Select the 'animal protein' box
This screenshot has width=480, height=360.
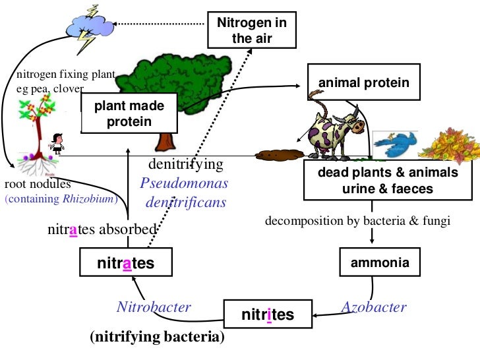364,83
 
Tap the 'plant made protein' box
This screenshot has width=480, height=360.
129,113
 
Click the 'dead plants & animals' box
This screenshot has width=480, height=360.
388,180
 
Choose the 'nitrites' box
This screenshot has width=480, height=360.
267,315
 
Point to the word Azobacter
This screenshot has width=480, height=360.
374,307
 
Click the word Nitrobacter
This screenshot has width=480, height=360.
154,307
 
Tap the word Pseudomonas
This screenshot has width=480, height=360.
184,183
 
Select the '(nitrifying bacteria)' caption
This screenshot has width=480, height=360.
157,337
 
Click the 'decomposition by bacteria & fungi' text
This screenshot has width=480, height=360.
357,220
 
